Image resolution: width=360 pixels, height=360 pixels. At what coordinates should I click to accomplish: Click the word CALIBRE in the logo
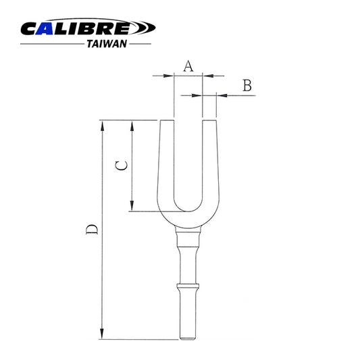pos(80,29)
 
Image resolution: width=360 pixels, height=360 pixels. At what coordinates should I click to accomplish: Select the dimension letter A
pos(188,66)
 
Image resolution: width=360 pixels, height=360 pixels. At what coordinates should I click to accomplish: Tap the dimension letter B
pos(247,85)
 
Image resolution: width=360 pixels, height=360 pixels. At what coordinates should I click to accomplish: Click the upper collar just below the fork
pos(188,236)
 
